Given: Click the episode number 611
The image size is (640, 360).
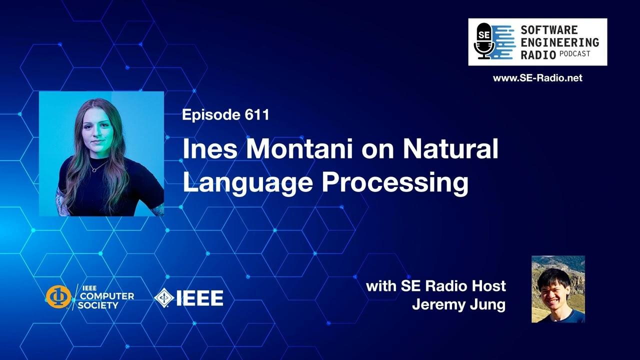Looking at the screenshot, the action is tap(257, 115).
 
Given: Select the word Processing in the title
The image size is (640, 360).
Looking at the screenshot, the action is tap(395, 183).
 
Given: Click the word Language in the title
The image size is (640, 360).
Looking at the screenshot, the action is tap(247, 183).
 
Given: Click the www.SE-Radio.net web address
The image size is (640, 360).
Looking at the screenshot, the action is tap(537, 78).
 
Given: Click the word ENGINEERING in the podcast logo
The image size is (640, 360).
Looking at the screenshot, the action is tap(559, 42).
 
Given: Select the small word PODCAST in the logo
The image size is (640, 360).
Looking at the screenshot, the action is tap(575, 53).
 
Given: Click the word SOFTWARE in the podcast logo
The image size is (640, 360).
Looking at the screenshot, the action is tap(549, 29).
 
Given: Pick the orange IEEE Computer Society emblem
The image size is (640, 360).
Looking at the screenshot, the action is tap(58, 297).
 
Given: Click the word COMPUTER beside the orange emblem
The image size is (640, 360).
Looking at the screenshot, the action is tap(105, 296).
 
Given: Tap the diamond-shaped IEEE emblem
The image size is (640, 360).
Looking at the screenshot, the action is tap(164, 298).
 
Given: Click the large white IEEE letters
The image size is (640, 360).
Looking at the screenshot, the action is tap(199, 298).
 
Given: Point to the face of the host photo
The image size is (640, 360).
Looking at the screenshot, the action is tap(553, 293).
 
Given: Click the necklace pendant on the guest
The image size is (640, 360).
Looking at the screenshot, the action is tap(94, 170).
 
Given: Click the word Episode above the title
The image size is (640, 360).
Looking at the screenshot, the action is tap(211, 115).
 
